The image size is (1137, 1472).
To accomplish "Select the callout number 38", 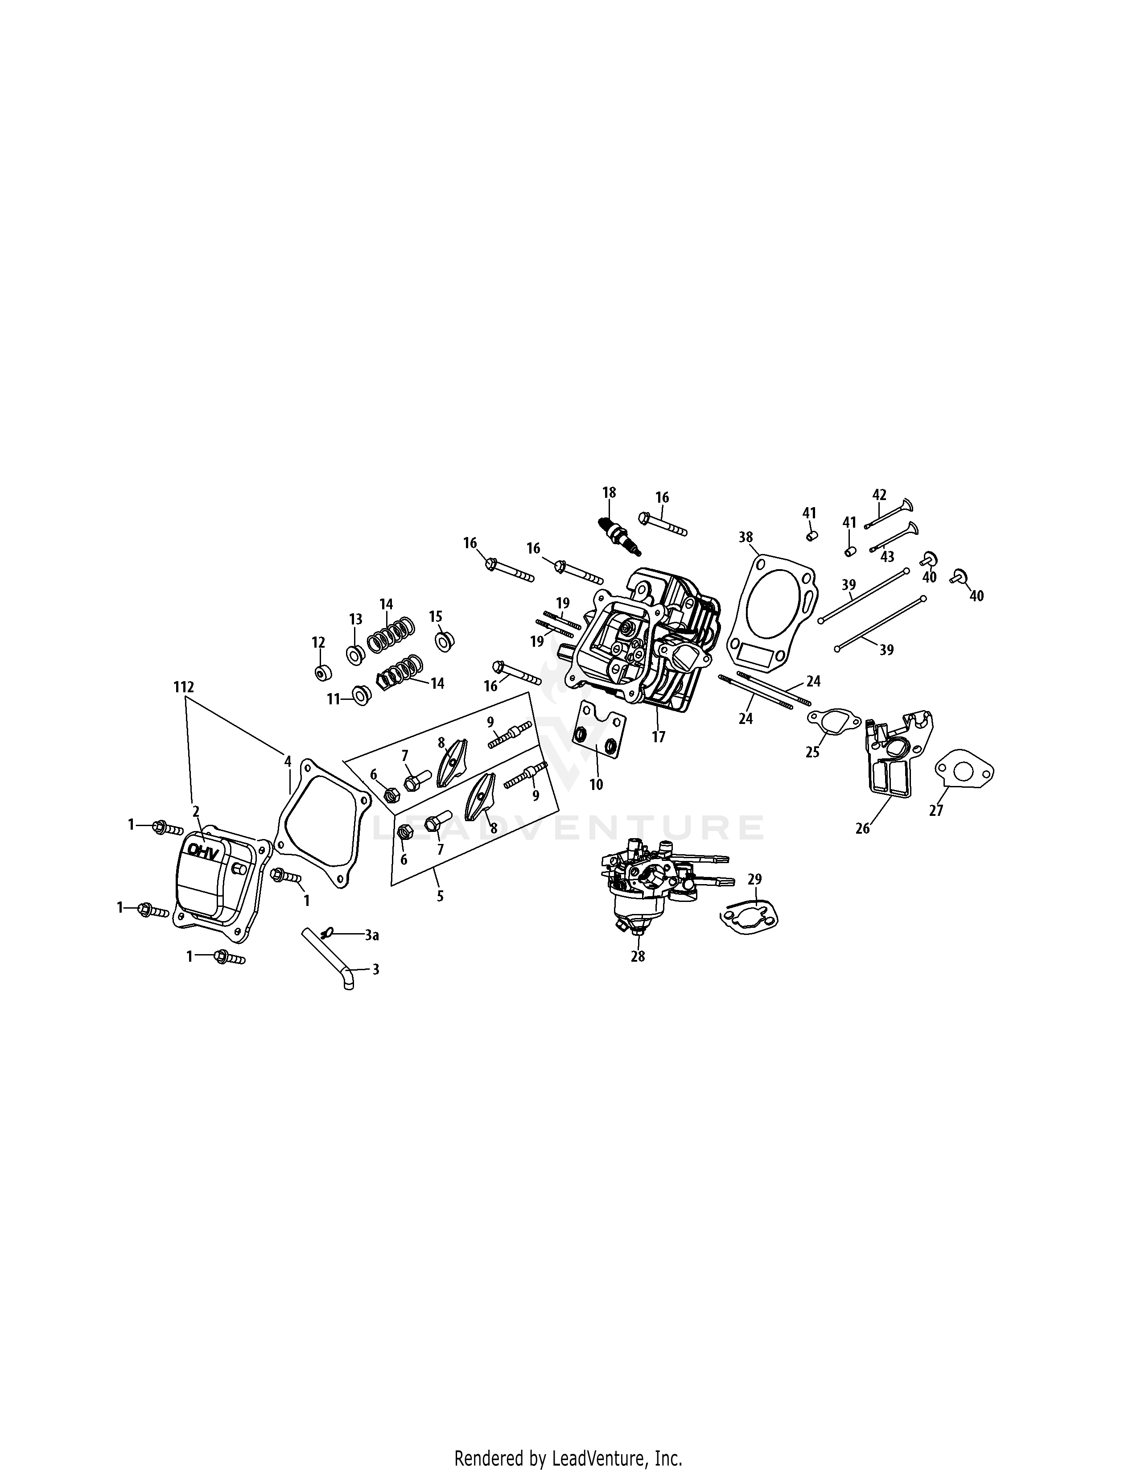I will pos(745,537).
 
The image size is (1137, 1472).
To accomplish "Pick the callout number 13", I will pos(355,619).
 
